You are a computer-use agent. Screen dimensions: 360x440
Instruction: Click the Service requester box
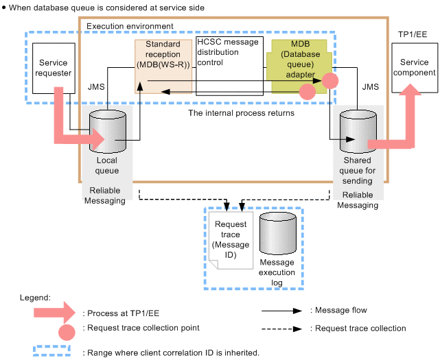pos(54,68)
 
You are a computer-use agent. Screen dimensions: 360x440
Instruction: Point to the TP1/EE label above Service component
pos(413,34)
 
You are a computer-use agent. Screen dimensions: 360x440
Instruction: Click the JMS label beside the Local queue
pos(97,87)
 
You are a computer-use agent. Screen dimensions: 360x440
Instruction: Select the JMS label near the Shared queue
pos(370,87)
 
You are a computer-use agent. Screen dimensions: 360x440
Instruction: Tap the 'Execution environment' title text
pos(130,26)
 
